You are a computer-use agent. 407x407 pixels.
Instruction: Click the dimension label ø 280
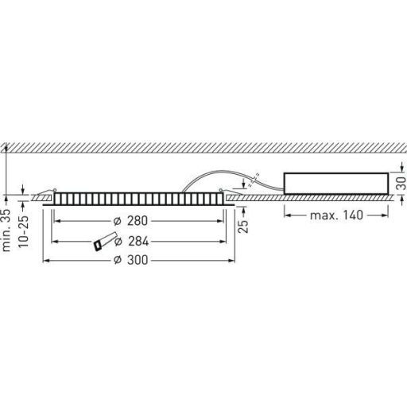point(130,221)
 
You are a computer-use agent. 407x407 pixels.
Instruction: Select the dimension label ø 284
point(131,242)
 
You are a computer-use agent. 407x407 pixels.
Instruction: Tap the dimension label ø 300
point(130,260)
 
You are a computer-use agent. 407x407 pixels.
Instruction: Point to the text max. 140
point(336,215)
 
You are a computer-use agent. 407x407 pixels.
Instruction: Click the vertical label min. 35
point(6,230)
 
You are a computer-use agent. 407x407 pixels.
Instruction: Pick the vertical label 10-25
point(23,231)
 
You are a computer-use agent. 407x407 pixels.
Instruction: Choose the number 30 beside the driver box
point(401,183)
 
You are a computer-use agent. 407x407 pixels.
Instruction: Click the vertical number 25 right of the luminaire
point(243,226)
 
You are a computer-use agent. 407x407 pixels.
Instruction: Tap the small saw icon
point(105,241)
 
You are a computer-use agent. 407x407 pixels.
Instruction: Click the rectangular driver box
point(336,184)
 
